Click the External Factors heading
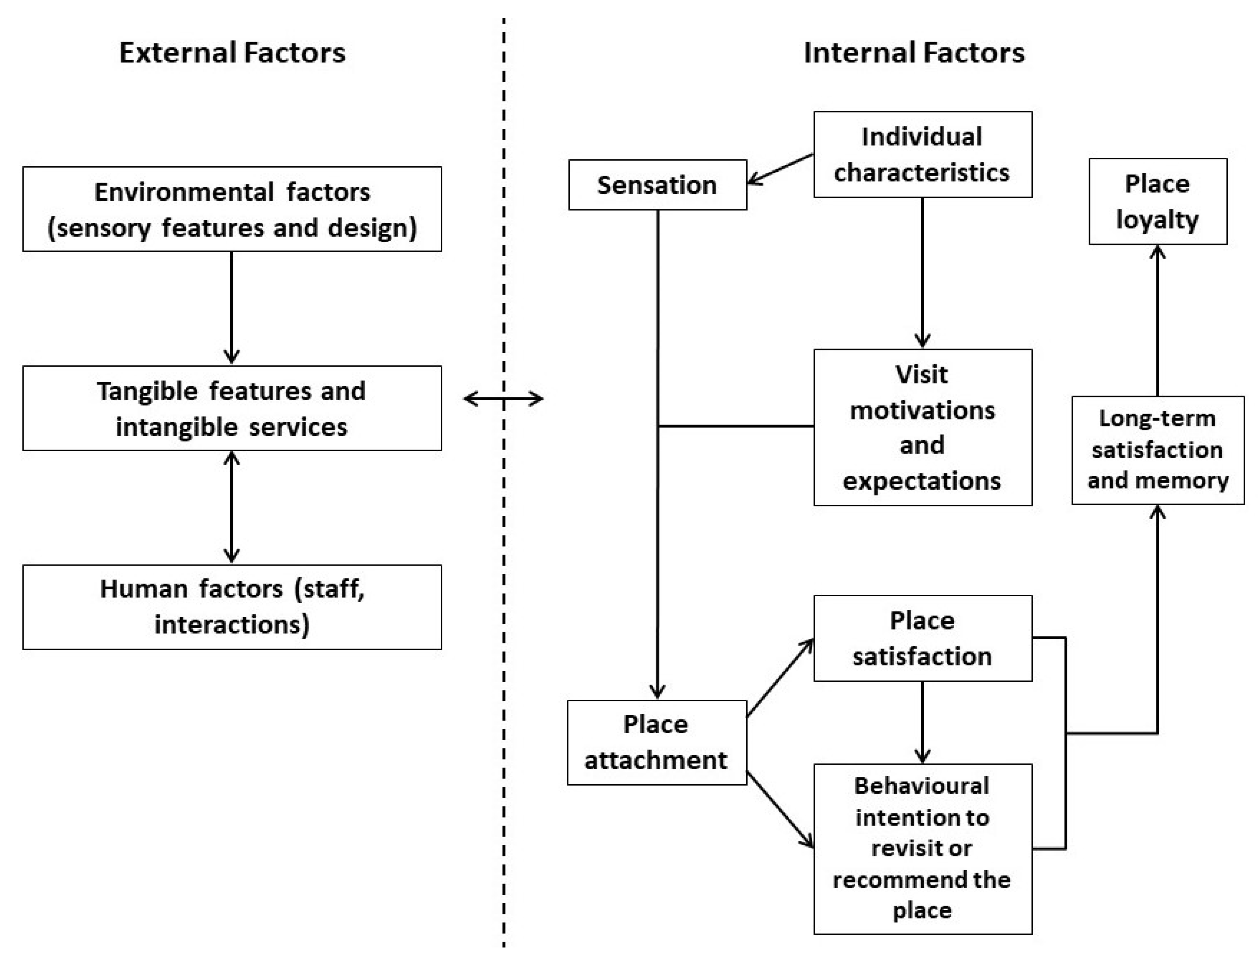click(x=232, y=53)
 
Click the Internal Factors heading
click(x=914, y=53)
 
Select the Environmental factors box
click(x=232, y=209)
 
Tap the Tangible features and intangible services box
click(x=232, y=408)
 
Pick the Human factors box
click(x=232, y=606)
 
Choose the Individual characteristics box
click(x=922, y=154)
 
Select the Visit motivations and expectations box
click(x=922, y=427)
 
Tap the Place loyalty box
click(x=1157, y=201)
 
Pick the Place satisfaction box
click(x=922, y=638)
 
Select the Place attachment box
click(x=656, y=742)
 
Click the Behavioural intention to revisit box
click(x=922, y=848)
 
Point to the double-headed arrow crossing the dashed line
click(x=503, y=399)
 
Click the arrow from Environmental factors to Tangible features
click(x=231, y=307)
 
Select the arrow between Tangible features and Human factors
click(x=231, y=506)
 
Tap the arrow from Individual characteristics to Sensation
click(x=780, y=169)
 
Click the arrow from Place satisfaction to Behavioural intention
click(x=922, y=722)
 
